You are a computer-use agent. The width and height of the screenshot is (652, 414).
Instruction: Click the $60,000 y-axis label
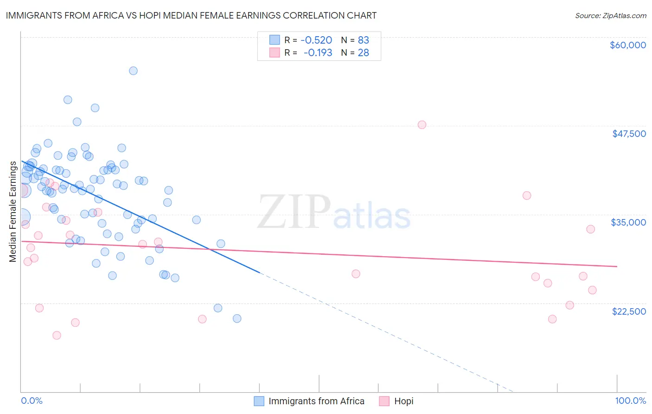(x=627, y=45)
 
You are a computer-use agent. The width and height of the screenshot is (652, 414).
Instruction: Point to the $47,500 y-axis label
(x=629, y=134)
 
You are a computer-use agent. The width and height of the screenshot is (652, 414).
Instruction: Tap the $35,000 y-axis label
(x=628, y=222)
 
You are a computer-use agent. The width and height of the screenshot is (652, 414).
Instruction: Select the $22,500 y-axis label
(x=629, y=311)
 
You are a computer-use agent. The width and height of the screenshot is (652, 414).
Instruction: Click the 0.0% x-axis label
(x=32, y=401)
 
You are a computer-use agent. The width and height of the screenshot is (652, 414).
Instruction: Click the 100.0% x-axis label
(x=630, y=401)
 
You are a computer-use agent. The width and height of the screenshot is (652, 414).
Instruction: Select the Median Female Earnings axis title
(x=13, y=212)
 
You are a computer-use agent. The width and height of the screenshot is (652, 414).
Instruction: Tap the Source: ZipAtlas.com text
(x=610, y=15)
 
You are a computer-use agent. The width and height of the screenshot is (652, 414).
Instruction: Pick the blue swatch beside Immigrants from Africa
(x=259, y=401)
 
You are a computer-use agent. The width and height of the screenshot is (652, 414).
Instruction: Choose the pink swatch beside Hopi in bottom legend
(x=384, y=401)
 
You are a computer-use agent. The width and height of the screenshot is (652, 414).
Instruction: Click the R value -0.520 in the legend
(x=316, y=40)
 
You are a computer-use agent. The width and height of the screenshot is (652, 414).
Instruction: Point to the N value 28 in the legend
(x=363, y=53)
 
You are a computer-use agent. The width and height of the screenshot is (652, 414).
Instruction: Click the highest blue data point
(x=133, y=71)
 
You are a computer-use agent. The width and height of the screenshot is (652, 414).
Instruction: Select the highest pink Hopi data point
(x=422, y=125)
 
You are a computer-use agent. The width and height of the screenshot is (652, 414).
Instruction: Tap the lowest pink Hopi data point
(x=57, y=335)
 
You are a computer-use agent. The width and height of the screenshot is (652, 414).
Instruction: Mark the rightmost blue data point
(x=237, y=318)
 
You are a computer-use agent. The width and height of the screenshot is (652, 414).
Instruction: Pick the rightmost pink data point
(x=592, y=290)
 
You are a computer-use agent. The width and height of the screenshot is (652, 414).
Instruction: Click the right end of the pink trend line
(x=617, y=266)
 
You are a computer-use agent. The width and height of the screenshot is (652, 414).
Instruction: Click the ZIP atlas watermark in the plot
(x=334, y=213)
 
